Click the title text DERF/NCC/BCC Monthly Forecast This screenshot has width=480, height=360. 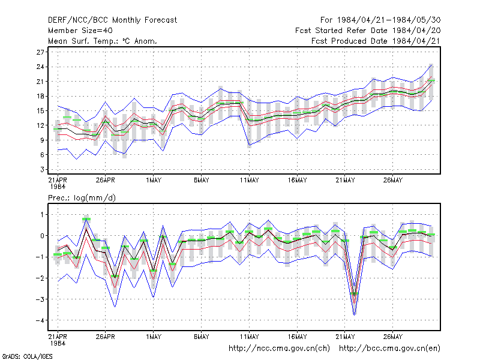[112, 20]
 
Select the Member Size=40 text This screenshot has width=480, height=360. [80, 31]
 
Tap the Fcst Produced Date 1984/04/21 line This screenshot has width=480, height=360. [376, 41]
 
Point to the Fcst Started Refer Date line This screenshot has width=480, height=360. [368, 31]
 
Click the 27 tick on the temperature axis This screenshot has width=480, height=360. [40, 52]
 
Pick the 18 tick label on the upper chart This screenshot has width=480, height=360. [40, 96]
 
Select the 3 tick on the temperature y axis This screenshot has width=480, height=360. [42, 169]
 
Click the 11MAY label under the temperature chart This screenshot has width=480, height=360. [249, 180]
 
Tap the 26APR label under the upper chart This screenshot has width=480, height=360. [106, 180]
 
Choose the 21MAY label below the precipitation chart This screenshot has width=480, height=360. [345, 337]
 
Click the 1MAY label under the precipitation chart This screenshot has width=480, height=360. [154, 337]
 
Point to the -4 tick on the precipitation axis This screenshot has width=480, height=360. [40, 320]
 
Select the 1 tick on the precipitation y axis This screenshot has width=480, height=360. [42, 215]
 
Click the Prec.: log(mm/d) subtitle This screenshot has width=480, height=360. [82, 198]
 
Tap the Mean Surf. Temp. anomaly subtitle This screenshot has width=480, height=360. [102, 41]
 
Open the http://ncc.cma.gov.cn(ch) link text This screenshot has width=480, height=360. [279, 349]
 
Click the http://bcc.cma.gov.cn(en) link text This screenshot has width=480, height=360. [389, 349]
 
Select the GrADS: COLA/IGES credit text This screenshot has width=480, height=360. [27, 356]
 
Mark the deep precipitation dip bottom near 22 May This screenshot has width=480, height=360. [355, 314]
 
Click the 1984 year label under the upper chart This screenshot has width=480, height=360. [58, 187]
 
